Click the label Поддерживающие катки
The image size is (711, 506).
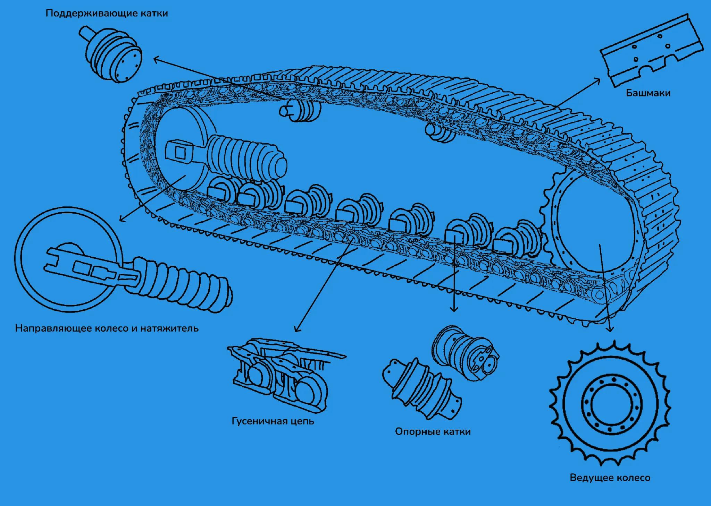tap(107, 14)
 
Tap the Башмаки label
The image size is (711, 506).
tap(648, 93)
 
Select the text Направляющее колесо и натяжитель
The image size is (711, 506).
tap(107, 328)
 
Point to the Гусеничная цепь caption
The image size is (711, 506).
tap(273, 421)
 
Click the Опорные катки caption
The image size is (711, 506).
tap(433, 432)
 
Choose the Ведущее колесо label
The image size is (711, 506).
tap(610, 478)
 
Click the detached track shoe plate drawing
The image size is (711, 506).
tap(652, 50)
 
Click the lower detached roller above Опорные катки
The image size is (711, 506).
tap(422, 388)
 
